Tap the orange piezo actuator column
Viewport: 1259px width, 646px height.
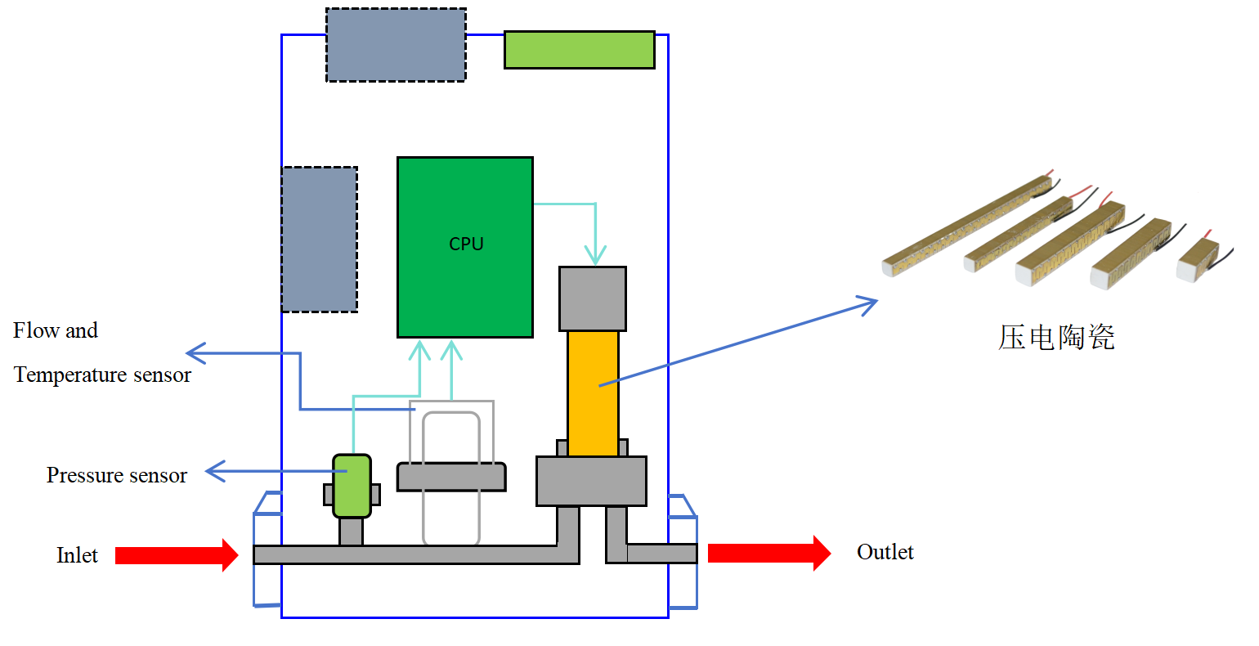click(x=593, y=393)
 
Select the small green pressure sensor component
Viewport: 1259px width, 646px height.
click(x=352, y=486)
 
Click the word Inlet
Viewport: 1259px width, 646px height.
click(x=77, y=555)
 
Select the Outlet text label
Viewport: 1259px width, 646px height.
click(x=885, y=552)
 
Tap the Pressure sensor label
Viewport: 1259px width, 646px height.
click(x=116, y=475)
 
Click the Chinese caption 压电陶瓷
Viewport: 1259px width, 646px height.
click(x=1056, y=338)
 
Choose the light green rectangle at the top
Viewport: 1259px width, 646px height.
click(x=579, y=50)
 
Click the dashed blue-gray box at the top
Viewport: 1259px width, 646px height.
click(x=396, y=45)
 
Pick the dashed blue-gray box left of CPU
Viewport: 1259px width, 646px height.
click(x=320, y=240)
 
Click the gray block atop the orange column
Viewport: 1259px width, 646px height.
click(x=593, y=298)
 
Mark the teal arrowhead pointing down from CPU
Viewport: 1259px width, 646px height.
click(x=595, y=254)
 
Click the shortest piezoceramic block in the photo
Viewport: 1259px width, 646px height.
click(x=1198, y=260)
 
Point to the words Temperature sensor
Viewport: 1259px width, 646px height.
click(x=102, y=375)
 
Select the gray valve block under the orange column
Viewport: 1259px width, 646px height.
click(x=591, y=481)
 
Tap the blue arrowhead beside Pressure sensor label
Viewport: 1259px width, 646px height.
click(x=214, y=471)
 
